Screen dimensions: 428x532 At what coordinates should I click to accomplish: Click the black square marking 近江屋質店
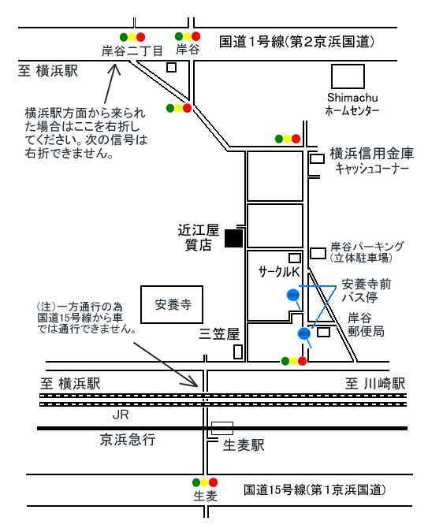point(234,239)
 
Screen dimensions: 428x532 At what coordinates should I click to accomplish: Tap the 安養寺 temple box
point(172,304)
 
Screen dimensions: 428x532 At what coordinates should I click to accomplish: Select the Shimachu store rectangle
point(348,76)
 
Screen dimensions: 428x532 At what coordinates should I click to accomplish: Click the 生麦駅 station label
point(244,445)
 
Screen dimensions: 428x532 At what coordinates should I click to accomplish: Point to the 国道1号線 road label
point(296,42)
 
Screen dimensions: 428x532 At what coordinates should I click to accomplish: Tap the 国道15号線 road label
point(314,489)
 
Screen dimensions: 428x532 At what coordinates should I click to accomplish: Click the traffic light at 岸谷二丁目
point(132,37)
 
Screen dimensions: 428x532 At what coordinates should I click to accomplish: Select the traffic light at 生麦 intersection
point(205,482)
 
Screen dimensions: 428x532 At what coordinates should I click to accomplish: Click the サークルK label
point(279,272)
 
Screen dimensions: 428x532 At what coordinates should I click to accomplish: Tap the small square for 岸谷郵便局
point(323,332)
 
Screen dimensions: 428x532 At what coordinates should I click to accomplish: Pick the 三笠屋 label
point(219,334)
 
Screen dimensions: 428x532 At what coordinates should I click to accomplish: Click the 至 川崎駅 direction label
point(375,384)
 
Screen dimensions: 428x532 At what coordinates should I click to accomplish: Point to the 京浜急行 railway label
point(128,440)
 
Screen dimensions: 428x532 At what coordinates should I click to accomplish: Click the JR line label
point(121,415)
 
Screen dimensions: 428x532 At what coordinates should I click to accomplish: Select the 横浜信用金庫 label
point(372,154)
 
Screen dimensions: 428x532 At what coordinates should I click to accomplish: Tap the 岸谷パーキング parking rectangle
point(318,253)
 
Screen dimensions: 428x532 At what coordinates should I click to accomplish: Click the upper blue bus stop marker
point(293,295)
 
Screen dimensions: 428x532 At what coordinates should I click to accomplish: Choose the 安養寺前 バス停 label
point(366,290)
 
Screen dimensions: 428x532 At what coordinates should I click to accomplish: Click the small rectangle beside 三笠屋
point(238,352)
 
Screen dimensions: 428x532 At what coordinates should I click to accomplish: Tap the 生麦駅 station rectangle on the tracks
point(222,428)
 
